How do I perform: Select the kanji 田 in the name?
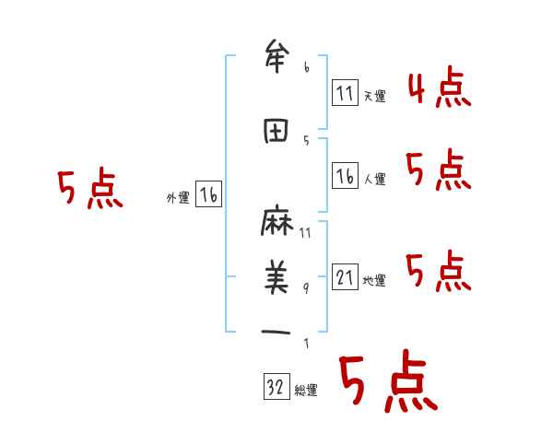(276, 133)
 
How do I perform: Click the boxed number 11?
(345, 92)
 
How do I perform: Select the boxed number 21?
(345, 276)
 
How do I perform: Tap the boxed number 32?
(276, 388)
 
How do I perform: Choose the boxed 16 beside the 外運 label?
(208, 193)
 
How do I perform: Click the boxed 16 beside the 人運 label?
(345, 175)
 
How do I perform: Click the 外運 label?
(178, 197)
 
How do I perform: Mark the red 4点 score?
(439, 89)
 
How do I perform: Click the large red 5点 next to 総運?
(387, 382)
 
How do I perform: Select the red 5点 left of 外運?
(89, 189)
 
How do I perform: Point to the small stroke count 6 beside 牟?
(307, 66)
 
